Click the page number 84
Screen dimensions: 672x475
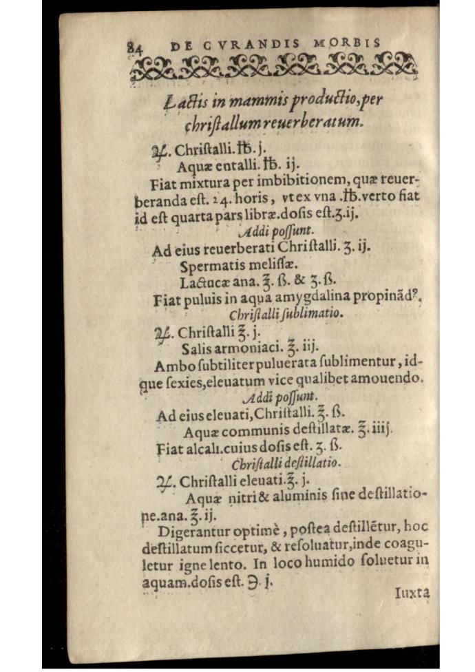[x=134, y=48]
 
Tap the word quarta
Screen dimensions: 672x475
[x=194, y=214]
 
